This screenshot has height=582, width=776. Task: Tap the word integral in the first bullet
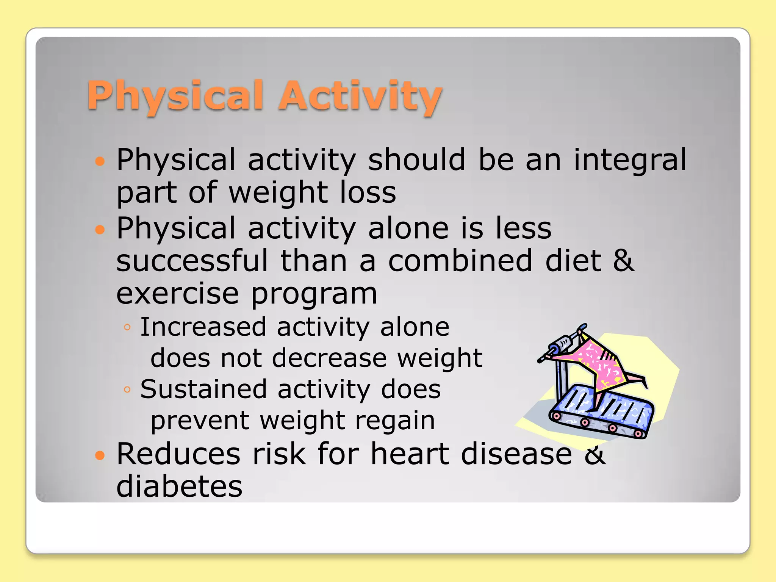(630, 160)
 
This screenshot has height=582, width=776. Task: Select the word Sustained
(203, 389)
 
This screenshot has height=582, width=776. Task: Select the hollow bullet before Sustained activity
(127, 390)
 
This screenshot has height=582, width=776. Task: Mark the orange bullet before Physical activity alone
(100, 229)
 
